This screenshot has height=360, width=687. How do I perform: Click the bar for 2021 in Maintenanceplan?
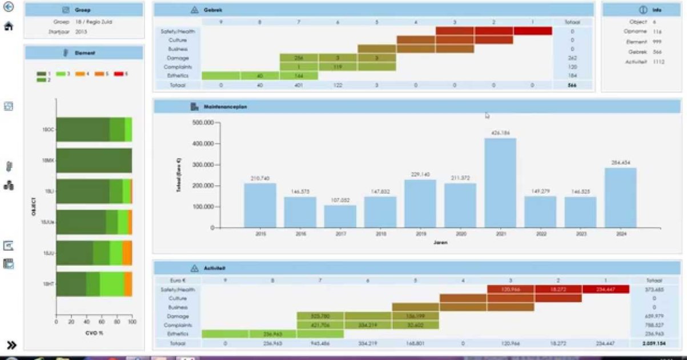point(500,183)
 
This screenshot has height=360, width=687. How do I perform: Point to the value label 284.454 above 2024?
point(620,162)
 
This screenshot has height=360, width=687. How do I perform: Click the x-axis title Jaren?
point(440,242)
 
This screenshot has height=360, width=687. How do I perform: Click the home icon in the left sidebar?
point(9,26)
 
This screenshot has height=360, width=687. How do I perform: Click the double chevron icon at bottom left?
point(11,345)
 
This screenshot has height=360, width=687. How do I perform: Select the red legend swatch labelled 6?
point(119,74)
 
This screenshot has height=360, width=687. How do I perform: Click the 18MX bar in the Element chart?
point(94,160)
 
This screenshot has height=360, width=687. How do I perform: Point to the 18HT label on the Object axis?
point(48,283)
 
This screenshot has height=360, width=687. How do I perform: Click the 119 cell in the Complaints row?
point(338,67)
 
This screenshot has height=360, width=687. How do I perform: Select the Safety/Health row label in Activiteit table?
point(178,290)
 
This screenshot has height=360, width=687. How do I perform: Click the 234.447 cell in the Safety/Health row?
point(605,290)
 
